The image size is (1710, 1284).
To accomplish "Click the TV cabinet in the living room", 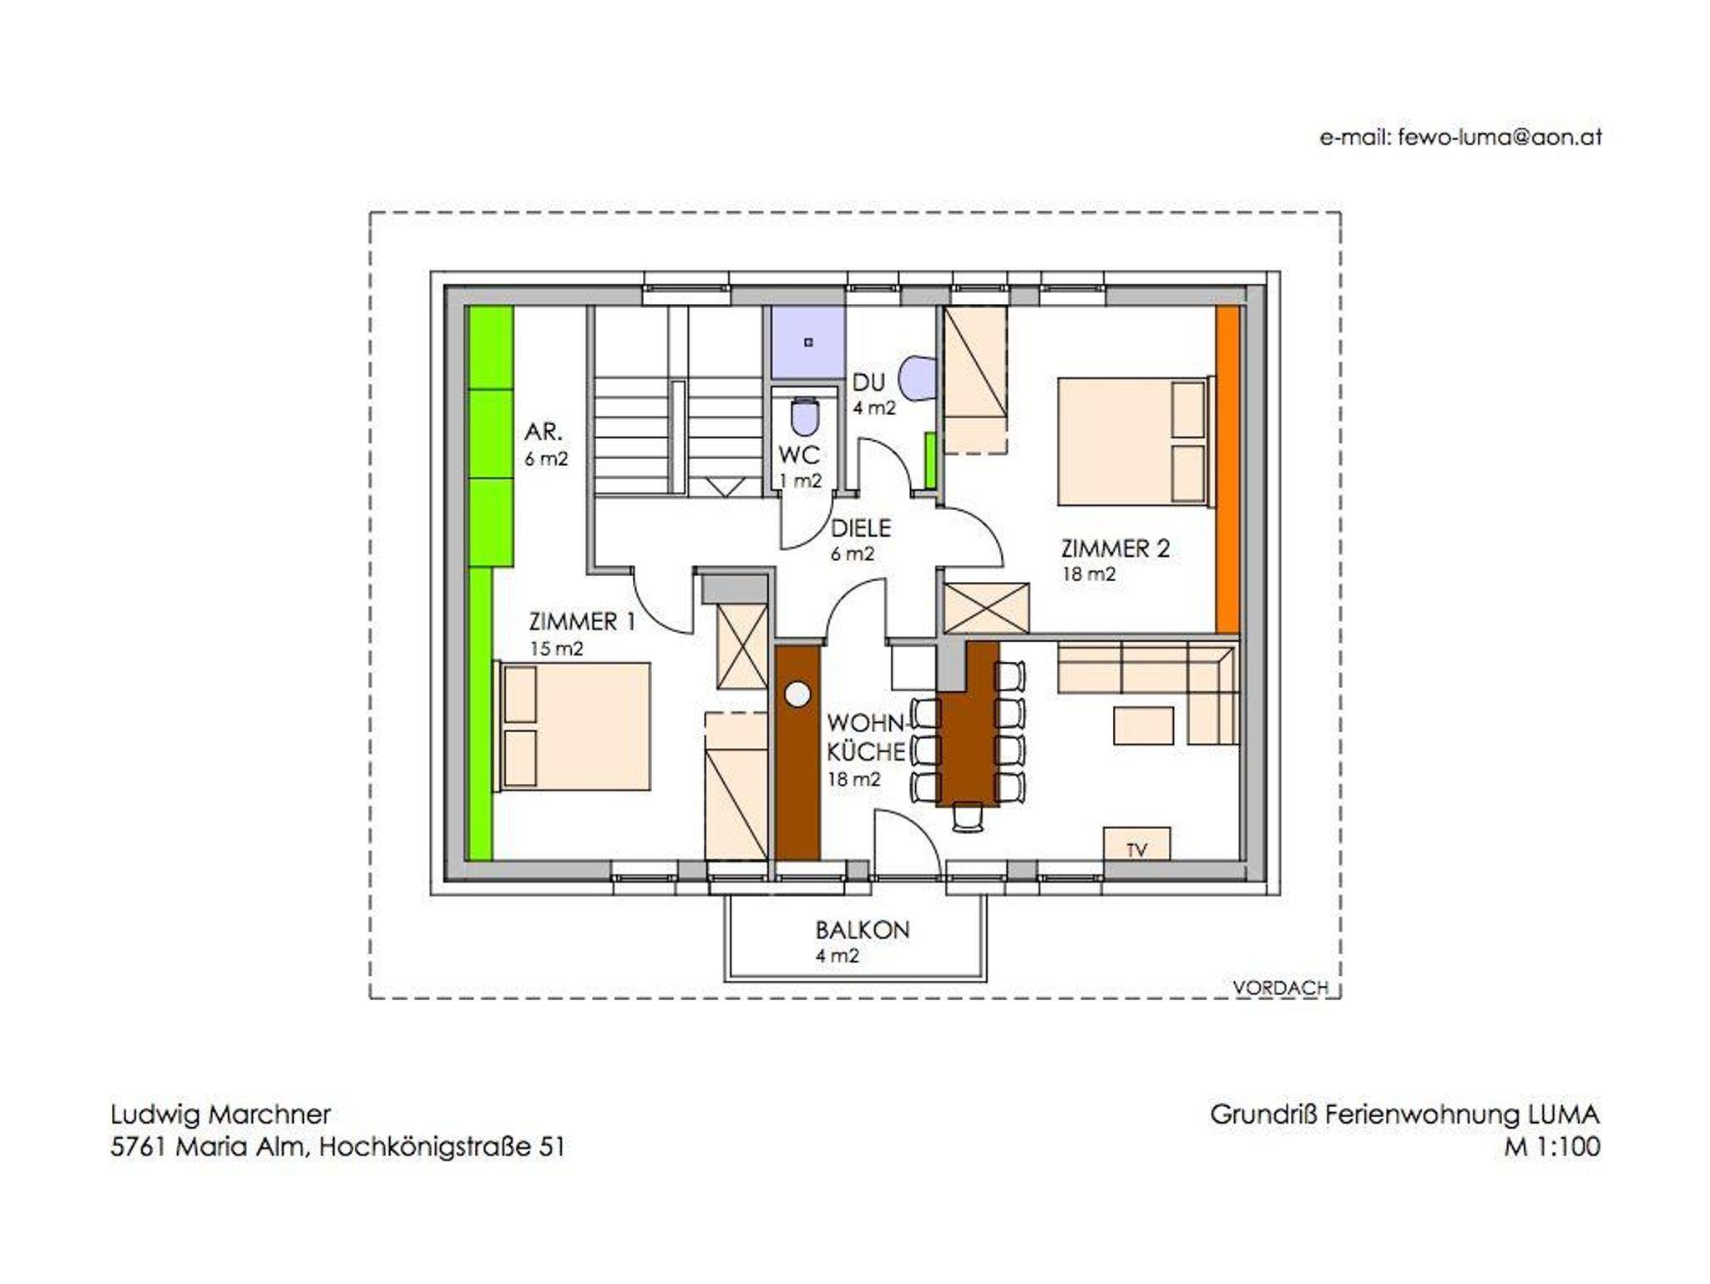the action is (1136, 843).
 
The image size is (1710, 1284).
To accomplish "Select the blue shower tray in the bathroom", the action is (807, 342).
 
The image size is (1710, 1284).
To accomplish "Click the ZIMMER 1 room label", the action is (583, 622).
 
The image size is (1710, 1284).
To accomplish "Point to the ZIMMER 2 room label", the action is (1116, 549).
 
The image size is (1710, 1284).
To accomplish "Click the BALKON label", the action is (863, 930).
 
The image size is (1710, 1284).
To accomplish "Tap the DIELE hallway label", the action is (861, 528).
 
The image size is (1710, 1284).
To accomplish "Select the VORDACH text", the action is (1281, 988).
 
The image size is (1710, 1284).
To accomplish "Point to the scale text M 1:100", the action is (1552, 1147).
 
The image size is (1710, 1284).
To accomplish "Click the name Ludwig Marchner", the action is (220, 1115).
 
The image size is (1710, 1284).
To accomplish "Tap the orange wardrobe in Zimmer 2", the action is (1227, 470).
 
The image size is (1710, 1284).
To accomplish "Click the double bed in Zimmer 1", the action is (573, 726).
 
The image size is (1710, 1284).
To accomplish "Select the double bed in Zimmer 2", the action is (1135, 441).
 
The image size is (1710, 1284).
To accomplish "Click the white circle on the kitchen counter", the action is (798, 694).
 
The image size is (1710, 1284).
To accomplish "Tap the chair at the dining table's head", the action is (968, 817).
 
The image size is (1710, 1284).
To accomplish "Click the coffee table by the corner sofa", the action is (1143, 725).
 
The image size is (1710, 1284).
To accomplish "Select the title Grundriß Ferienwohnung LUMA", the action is (1405, 1115).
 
